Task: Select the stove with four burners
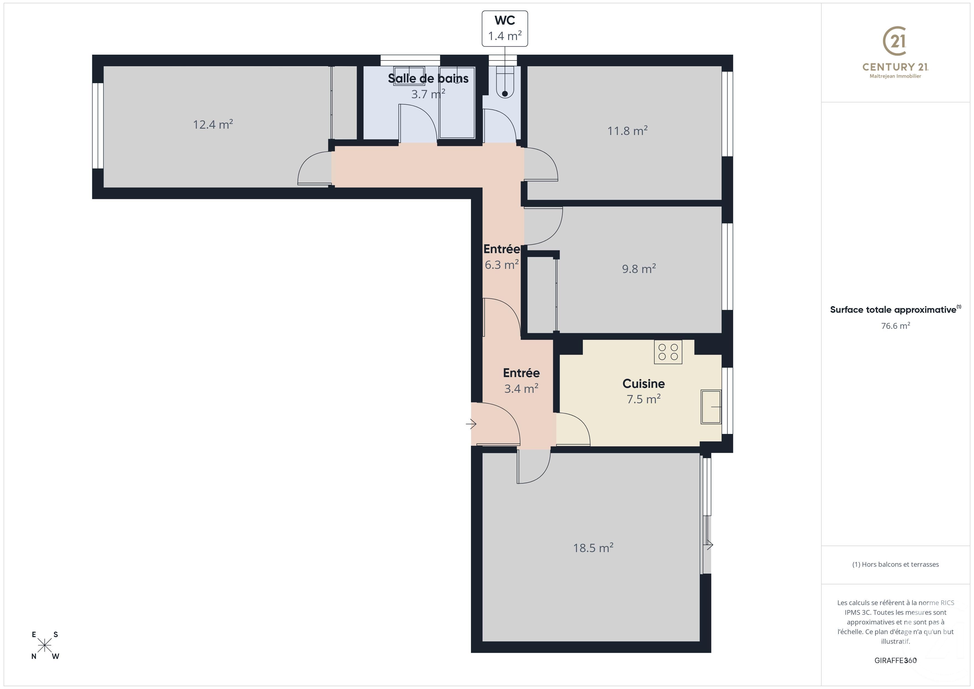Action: [668, 352]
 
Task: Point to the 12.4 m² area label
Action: [213, 124]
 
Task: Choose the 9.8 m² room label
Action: [639, 269]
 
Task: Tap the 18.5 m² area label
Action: [593, 548]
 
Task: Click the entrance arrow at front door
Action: [471, 423]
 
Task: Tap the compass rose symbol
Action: [44, 645]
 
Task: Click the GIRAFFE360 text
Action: [895, 660]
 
